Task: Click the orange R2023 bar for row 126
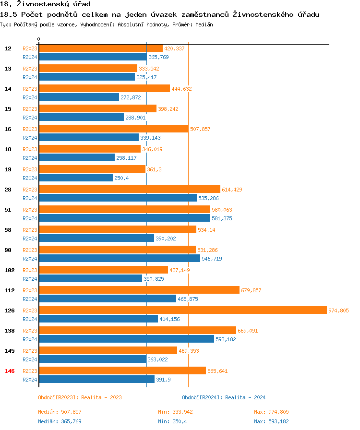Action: pyautogui.click(x=182, y=311)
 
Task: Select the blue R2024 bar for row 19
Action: pyautogui.click(x=75, y=178)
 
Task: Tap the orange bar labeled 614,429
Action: pyautogui.click(x=129, y=190)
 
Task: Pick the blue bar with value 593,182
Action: pyautogui.click(x=126, y=339)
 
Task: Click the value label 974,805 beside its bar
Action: pyautogui.click(x=338, y=311)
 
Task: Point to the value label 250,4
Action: pyautogui.click(x=121, y=178)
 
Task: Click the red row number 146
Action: pyautogui.click(x=10, y=371)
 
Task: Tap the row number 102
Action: pyautogui.click(x=10, y=270)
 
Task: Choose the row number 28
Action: pyautogui.click(x=8, y=190)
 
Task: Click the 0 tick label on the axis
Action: pyautogui.click(x=39, y=39)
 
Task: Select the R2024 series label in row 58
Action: pyautogui.click(x=30, y=239)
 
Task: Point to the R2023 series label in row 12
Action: pyautogui.click(x=30, y=48)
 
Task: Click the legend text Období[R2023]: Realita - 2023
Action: pyautogui.click(x=80, y=397)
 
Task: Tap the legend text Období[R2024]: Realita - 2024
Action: pyautogui.click(x=224, y=397)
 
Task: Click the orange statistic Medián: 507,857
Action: pyautogui.click(x=60, y=412)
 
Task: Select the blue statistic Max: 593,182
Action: pyautogui.click(x=271, y=421)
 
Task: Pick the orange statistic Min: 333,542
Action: pyautogui.click(x=175, y=412)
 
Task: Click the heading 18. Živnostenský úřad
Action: pyautogui.click(x=45, y=4)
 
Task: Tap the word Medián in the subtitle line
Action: pyautogui.click(x=204, y=24)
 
